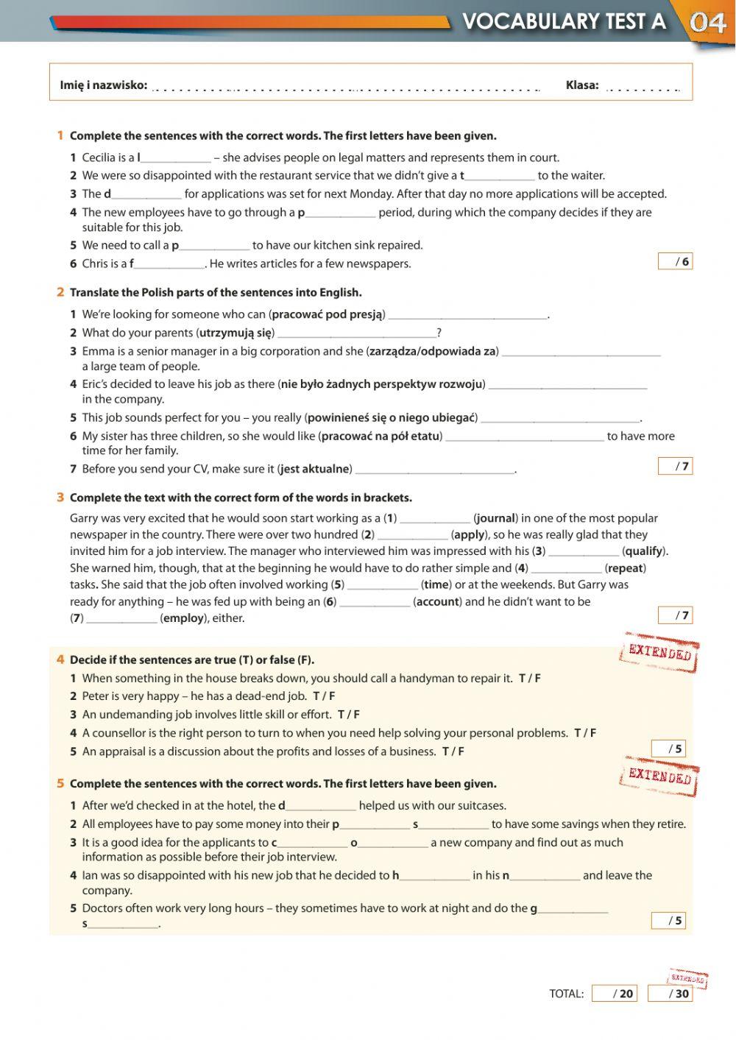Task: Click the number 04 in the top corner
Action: click(x=708, y=23)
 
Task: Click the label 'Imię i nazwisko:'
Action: click(x=103, y=85)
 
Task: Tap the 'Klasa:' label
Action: click(x=581, y=85)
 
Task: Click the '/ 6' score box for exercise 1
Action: click(x=675, y=261)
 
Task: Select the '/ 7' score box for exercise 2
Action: click(x=675, y=466)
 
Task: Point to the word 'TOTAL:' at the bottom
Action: click(x=566, y=994)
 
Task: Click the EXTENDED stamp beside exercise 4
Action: click(x=659, y=652)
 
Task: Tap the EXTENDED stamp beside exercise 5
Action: click(x=659, y=777)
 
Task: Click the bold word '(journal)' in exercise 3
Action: click(x=496, y=518)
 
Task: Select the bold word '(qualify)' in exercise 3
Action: click(x=644, y=551)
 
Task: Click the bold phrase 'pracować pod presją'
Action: click(x=327, y=314)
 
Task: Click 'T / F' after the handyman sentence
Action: click(x=529, y=679)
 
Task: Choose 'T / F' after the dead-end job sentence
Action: click(x=324, y=696)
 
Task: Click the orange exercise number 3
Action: click(x=60, y=498)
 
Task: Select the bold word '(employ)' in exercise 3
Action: click(x=183, y=618)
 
